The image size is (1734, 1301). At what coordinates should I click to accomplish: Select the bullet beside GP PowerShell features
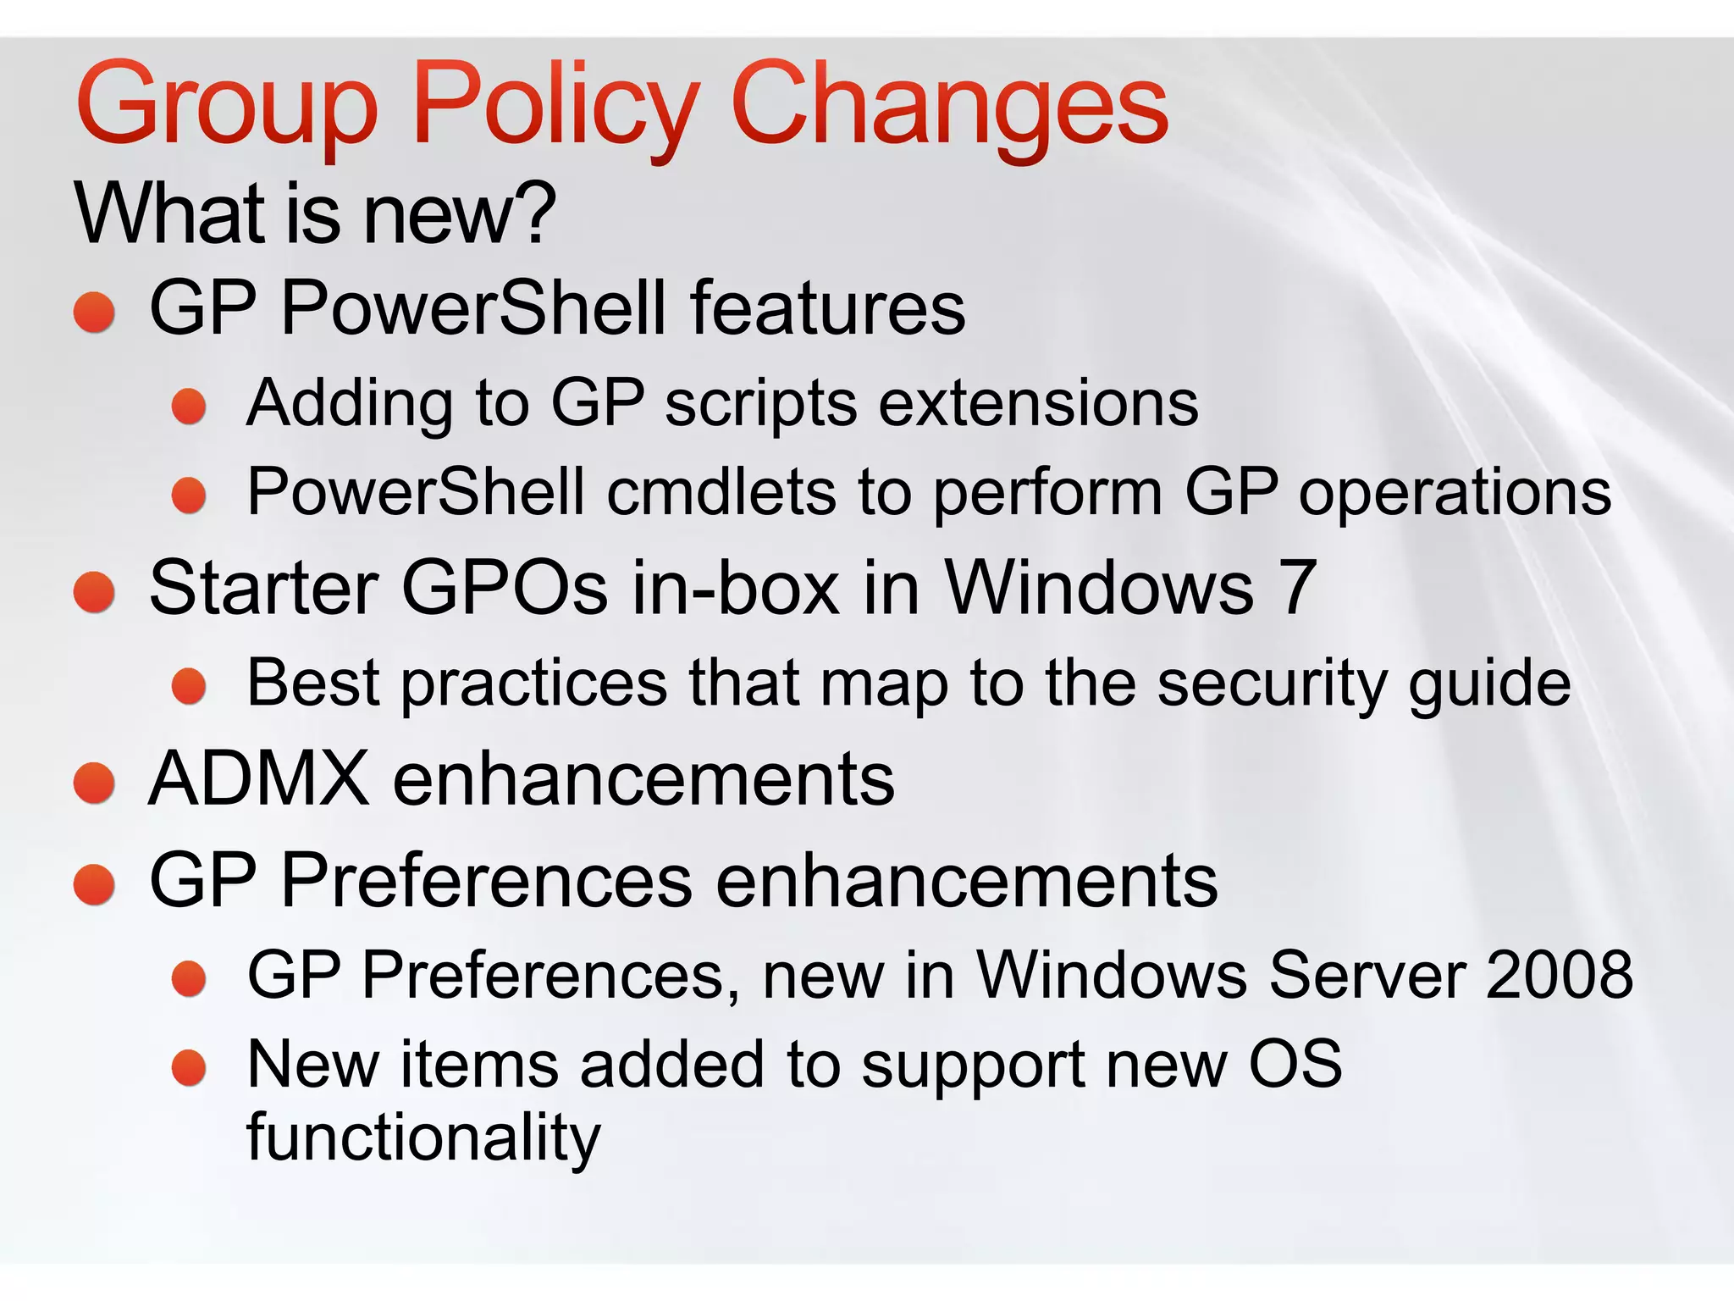[94, 312]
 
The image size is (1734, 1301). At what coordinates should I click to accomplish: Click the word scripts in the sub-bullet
[760, 403]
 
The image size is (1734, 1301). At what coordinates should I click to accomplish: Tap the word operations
[1455, 494]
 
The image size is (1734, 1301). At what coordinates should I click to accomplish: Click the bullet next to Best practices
[189, 686]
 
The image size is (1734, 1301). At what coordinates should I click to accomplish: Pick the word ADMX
[259, 778]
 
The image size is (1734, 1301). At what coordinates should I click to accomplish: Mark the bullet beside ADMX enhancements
[94, 782]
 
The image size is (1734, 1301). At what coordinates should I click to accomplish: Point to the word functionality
[423, 1138]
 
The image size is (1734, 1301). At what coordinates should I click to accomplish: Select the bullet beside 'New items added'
[189, 1068]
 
